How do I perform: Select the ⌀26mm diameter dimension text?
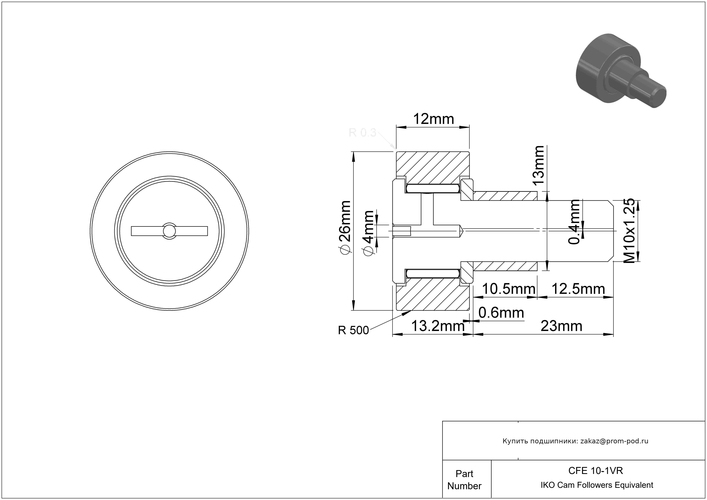click(x=345, y=227)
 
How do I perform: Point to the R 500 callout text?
click(x=353, y=330)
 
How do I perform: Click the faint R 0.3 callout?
click(x=362, y=132)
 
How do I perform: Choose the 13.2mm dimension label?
click(x=438, y=326)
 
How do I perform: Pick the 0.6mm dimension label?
click(x=501, y=313)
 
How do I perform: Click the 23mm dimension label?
click(x=561, y=326)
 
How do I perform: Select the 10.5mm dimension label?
click(x=508, y=289)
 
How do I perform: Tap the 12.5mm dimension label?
click(x=578, y=289)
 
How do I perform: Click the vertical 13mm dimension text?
click(x=539, y=165)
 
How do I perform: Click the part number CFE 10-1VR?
click(x=595, y=471)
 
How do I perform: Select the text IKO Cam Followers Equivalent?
click(x=597, y=485)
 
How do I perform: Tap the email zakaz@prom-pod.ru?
click(x=614, y=441)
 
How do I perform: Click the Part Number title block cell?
click(x=464, y=480)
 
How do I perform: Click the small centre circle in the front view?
click(x=169, y=231)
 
